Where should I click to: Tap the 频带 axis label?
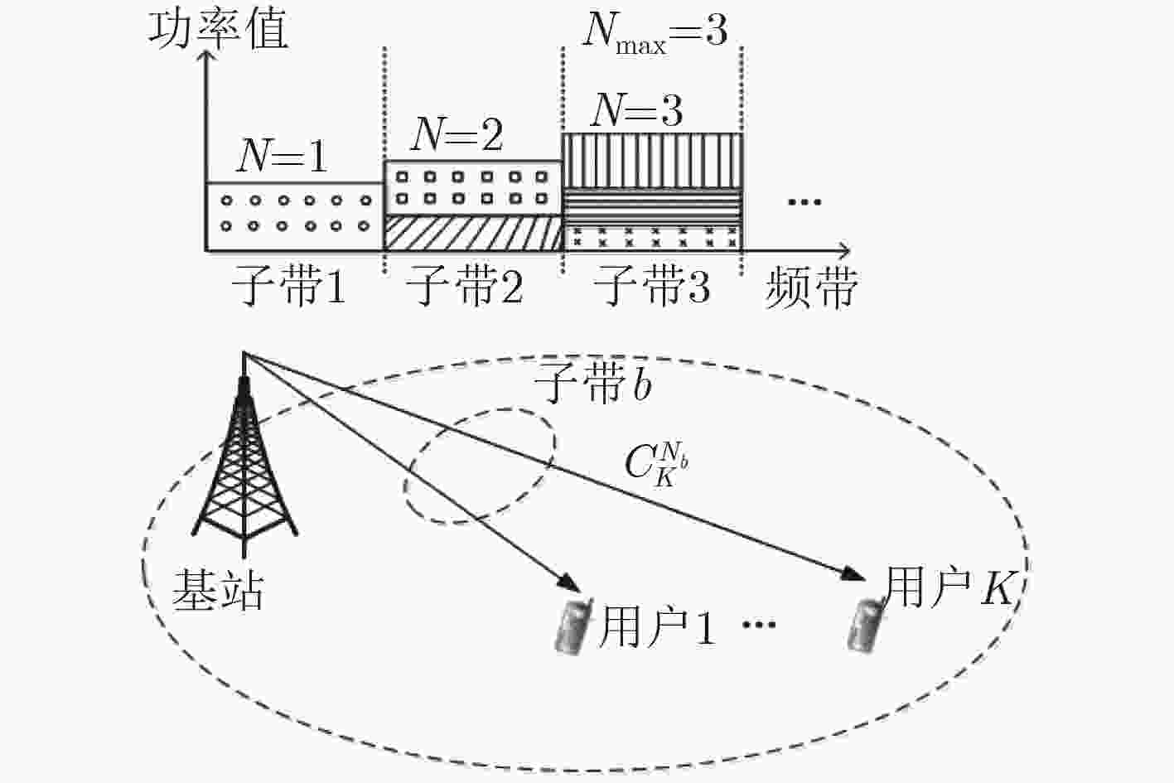click(811, 288)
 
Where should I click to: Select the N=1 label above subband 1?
click(282, 156)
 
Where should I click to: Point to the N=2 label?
click(457, 135)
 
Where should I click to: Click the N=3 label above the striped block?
click(636, 109)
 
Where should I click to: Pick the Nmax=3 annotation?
click(655, 31)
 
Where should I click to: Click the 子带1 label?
click(288, 286)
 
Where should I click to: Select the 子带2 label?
click(464, 286)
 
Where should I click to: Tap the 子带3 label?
click(651, 286)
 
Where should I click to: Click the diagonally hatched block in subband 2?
click(473, 233)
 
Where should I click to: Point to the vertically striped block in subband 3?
click(653, 161)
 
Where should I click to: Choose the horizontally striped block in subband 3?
click(653, 207)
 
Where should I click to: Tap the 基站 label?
click(218, 590)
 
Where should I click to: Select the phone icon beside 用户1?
click(573, 626)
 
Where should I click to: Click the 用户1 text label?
click(657, 627)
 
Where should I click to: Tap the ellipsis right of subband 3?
click(804, 202)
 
